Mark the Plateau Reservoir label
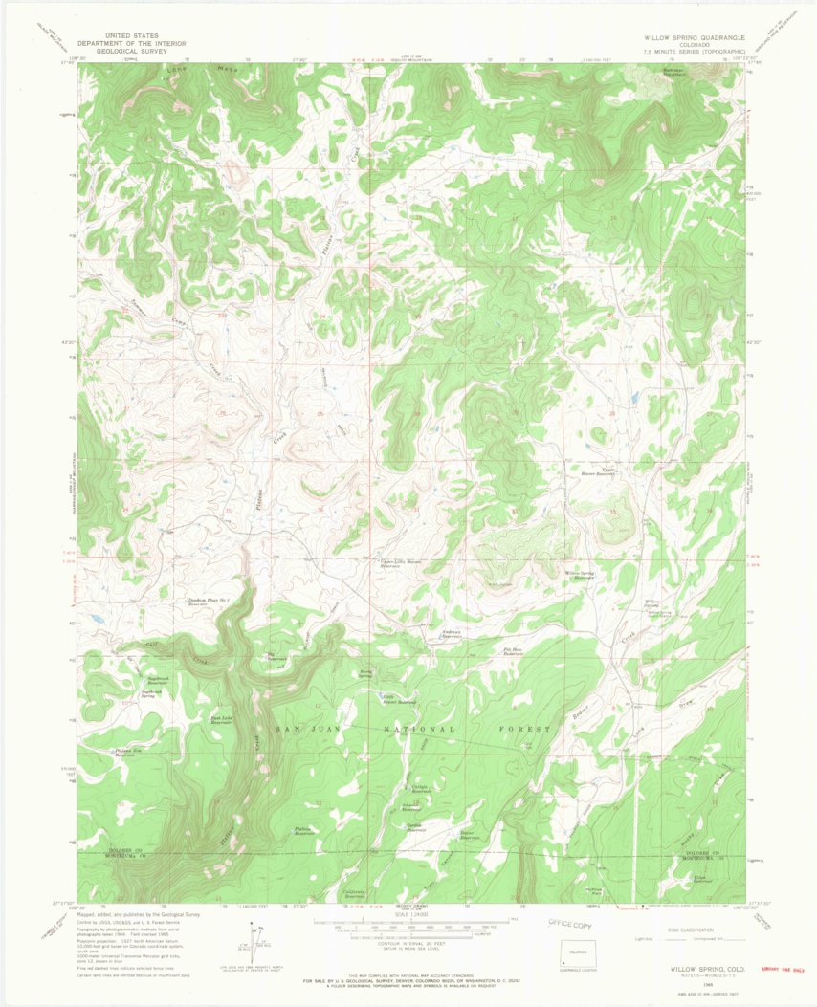tap(306, 831)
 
